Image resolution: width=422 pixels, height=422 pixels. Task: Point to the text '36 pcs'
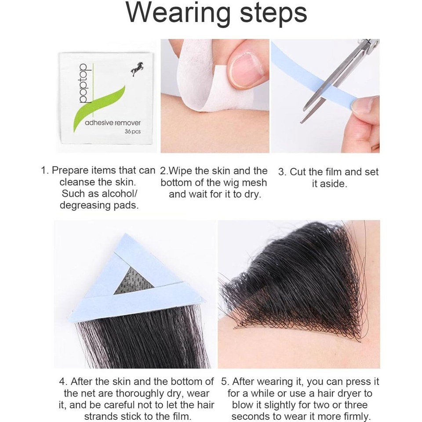132,132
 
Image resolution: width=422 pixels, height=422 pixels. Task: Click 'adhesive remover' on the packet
113,123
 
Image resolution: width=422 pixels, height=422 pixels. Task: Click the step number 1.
44,171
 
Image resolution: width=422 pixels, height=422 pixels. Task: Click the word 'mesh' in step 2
252,182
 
